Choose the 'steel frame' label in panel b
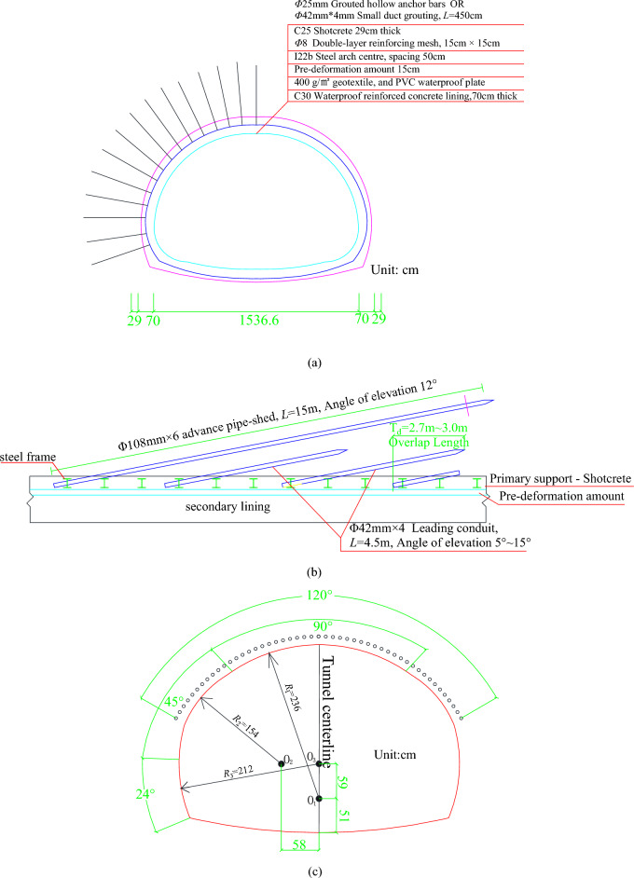(x=27, y=457)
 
